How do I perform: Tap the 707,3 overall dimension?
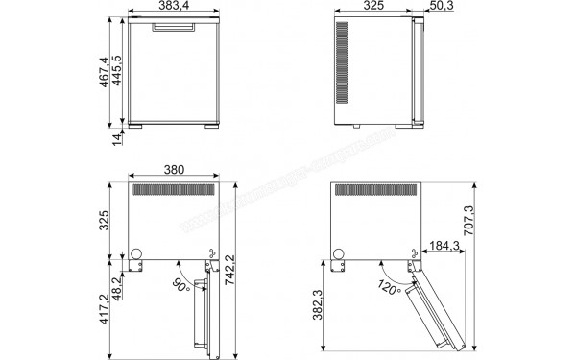[x=468, y=224]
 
